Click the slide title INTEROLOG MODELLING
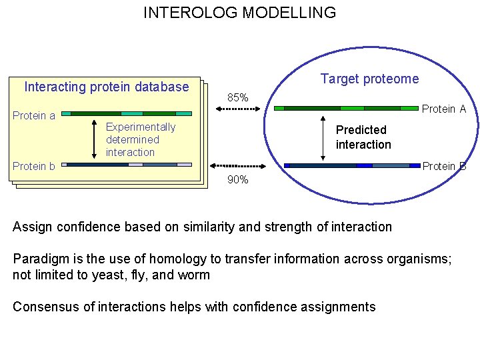pyautogui.click(x=239, y=13)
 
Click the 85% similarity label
pyautogui.click(x=238, y=98)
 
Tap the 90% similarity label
pyautogui.click(x=238, y=179)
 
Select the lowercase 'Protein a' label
pyautogui.click(x=34, y=115)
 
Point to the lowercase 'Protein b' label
pyautogui.click(x=34, y=166)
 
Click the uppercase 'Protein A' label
pyautogui.click(x=444, y=109)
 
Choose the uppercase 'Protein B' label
pyautogui.click(x=444, y=166)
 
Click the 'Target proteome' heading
pyautogui.click(x=369, y=79)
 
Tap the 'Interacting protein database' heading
pyautogui.click(x=107, y=87)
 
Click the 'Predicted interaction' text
pyautogui.click(x=363, y=137)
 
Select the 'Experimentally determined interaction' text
pyautogui.click(x=140, y=139)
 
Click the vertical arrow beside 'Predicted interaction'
pyautogui.click(x=323, y=137)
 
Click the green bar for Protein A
pyautogui.click(x=346, y=108)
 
